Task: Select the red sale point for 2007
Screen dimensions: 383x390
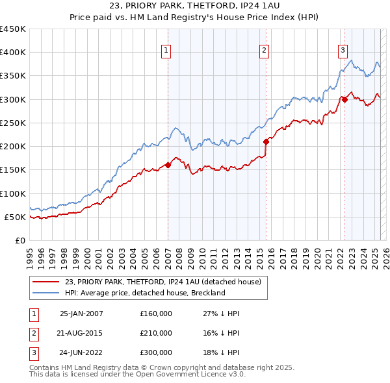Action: (x=168, y=165)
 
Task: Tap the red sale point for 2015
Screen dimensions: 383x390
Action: (x=266, y=142)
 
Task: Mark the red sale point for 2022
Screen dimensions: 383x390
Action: (x=344, y=99)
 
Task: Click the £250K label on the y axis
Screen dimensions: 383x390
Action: (x=13, y=123)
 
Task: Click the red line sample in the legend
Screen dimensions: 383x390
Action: (x=46, y=282)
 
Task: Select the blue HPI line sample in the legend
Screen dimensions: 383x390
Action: (x=46, y=293)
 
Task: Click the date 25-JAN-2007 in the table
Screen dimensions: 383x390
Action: (x=81, y=314)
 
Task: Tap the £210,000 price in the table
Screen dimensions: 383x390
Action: (x=156, y=333)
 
